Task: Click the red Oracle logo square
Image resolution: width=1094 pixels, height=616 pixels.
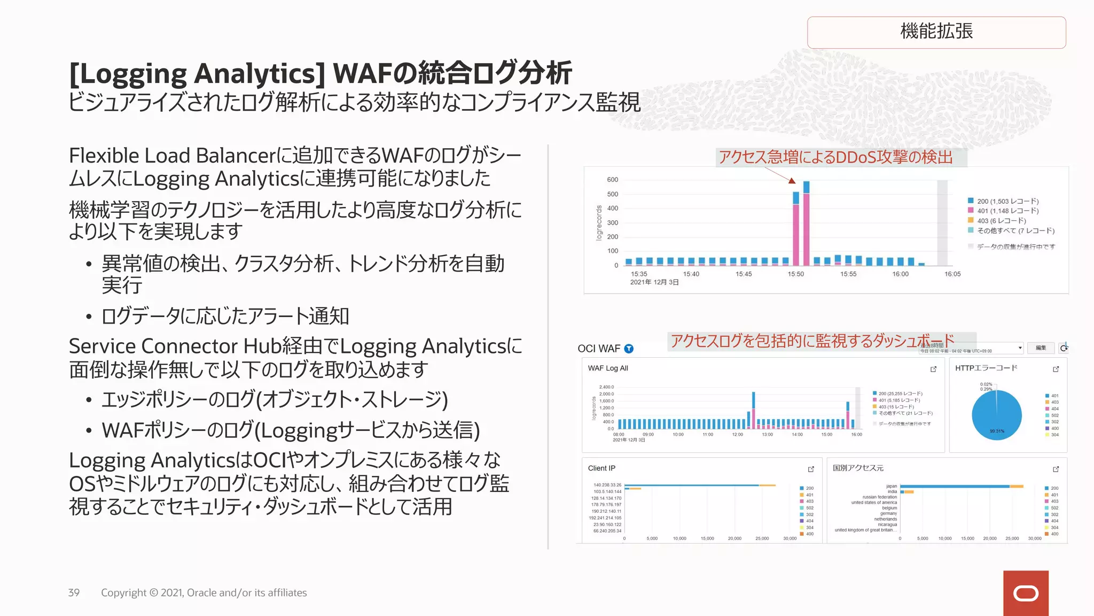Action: [1026, 593]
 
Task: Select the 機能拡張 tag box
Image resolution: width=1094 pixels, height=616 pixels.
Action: [936, 32]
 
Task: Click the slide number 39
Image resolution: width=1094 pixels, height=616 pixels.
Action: [74, 592]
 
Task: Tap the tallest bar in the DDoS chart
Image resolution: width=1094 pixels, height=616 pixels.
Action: [806, 225]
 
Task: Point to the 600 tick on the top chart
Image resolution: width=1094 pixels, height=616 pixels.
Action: [612, 180]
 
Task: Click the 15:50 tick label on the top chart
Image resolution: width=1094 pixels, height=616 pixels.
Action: [795, 274]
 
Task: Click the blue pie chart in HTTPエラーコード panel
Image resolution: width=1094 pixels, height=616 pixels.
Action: [996, 414]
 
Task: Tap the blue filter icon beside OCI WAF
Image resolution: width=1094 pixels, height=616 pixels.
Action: [629, 349]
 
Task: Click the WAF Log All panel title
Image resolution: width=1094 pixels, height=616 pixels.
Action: [608, 368]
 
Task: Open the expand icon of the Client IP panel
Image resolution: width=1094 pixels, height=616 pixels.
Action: [811, 469]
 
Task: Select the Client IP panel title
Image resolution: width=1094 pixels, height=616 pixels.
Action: [601, 468]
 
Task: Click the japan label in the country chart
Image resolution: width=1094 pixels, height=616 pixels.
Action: [892, 486]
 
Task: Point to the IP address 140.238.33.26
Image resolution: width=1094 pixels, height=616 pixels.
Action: [607, 485]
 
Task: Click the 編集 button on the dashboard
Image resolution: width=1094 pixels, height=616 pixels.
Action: [1041, 348]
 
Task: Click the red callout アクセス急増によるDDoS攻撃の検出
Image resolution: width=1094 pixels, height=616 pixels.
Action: [835, 157]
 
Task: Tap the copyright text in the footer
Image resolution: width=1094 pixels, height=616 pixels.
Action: [204, 592]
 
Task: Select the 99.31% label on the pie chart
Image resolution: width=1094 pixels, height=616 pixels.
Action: [997, 431]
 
